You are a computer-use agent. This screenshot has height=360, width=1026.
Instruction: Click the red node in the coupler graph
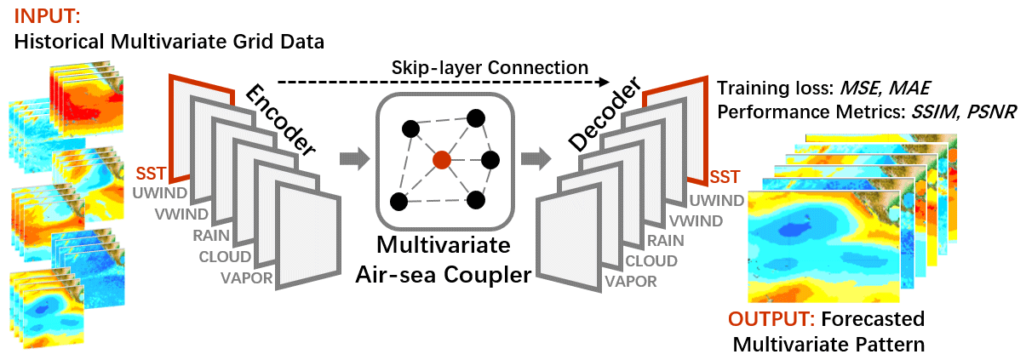440,159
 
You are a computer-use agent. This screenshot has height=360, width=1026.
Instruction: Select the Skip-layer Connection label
490,66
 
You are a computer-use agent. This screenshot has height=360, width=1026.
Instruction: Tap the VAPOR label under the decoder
632,282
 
